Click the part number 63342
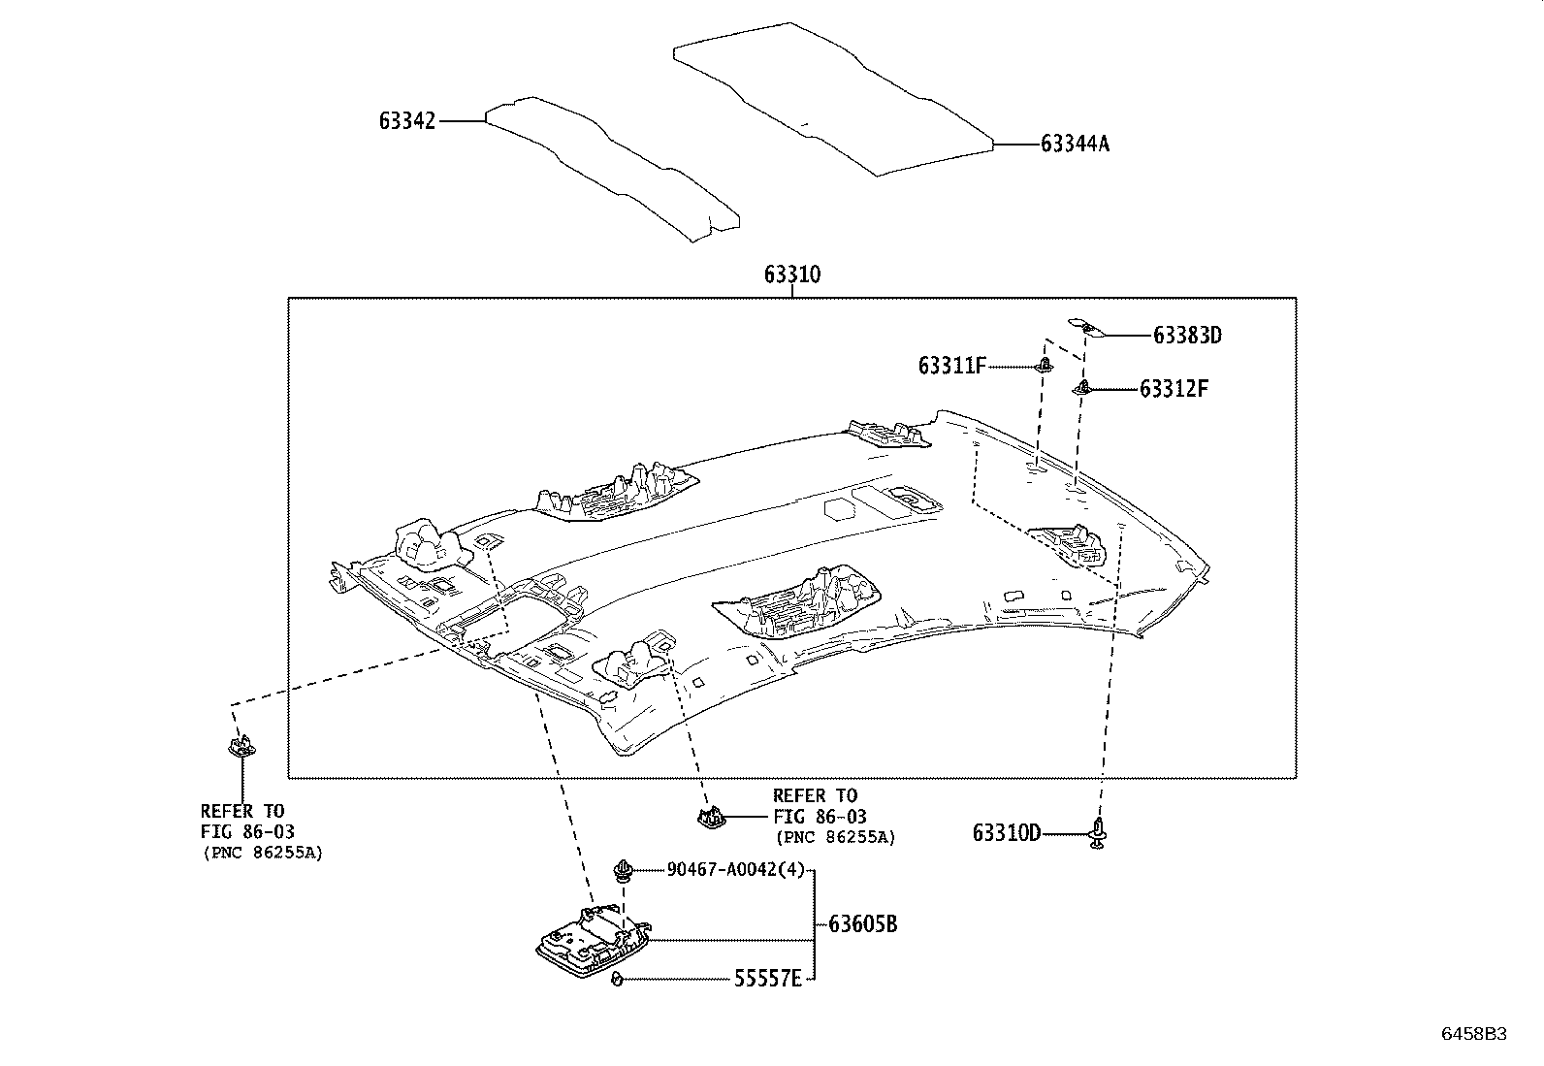[x=406, y=121]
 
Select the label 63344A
[x=1075, y=144]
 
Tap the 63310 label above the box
[x=792, y=275]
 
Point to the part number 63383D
[x=1187, y=335]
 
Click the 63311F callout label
[x=951, y=366]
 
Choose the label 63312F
[x=1174, y=389]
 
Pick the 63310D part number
[x=1007, y=833]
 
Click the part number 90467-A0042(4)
[x=735, y=870]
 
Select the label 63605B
[x=862, y=924]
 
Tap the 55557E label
[x=768, y=979]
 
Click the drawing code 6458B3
[x=1474, y=1034]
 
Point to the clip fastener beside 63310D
[x=1097, y=833]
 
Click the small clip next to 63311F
[x=1045, y=365]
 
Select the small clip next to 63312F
[x=1082, y=388]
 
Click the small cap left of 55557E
[x=617, y=979]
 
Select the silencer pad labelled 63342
[x=613, y=170]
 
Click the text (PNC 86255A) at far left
[x=263, y=853]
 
